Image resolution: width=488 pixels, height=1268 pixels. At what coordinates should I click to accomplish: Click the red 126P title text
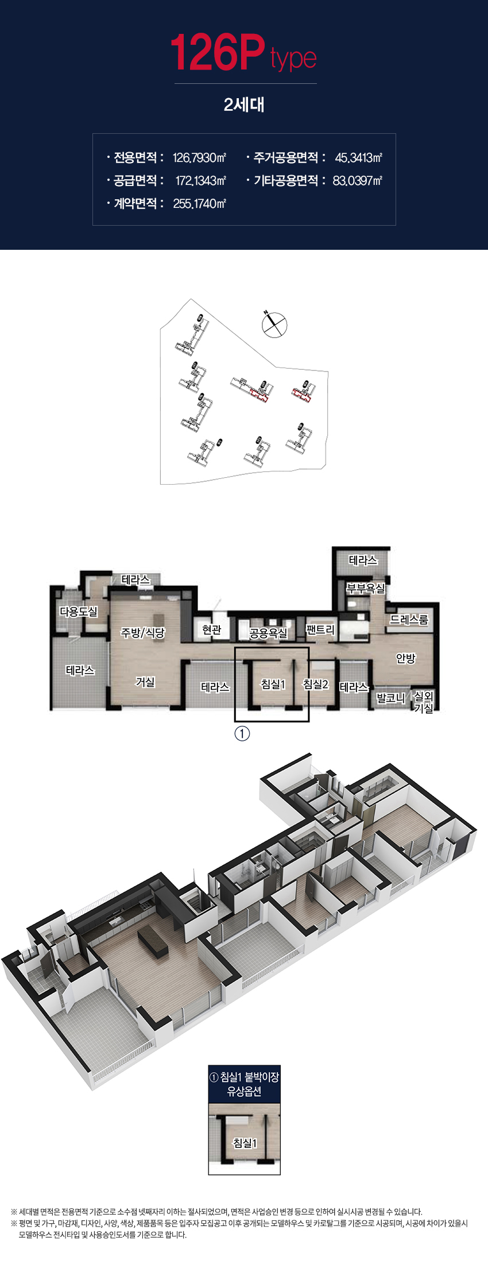[218, 53]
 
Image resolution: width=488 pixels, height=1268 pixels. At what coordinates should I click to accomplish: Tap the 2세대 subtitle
[244, 105]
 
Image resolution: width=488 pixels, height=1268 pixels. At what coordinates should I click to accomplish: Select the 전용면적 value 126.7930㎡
[200, 157]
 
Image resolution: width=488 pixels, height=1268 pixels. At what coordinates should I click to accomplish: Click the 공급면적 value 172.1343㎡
[201, 180]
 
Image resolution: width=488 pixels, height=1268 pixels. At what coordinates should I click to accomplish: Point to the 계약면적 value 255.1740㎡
[200, 203]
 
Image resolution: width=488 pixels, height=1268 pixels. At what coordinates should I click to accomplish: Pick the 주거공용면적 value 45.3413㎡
[358, 157]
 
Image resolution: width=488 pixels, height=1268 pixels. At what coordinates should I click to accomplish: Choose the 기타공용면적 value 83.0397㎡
[357, 180]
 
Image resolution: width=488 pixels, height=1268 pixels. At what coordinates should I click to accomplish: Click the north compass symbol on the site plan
[274, 324]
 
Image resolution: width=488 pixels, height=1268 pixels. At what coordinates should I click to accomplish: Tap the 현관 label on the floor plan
[212, 629]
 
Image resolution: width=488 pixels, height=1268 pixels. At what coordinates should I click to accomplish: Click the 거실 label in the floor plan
[145, 682]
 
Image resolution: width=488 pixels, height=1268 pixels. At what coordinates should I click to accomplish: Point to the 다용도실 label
[79, 612]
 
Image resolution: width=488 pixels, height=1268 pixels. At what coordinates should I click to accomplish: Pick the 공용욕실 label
[268, 633]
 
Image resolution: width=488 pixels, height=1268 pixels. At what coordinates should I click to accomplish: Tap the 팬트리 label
[320, 629]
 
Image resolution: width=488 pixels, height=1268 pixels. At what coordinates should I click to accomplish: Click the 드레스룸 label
[409, 619]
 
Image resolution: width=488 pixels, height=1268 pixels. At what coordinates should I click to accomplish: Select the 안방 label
[405, 658]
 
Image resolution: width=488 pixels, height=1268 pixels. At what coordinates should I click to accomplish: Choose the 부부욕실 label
[366, 589]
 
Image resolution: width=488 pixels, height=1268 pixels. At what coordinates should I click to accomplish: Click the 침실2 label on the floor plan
[316, 684]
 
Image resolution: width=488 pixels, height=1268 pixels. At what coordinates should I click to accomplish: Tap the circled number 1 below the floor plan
[243, 733]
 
